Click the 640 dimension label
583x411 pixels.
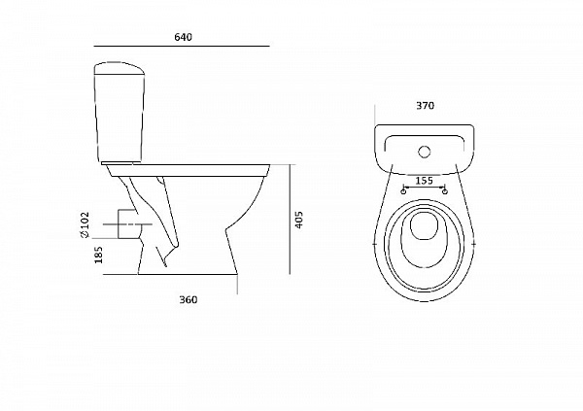[x=183, y=37]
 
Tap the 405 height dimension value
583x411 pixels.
[x=299, y=220]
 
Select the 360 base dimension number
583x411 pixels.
[x=189, y=300]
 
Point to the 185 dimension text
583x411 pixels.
[x=98, y=255]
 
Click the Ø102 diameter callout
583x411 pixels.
[x=85, y=224]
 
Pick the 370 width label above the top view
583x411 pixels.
[x=425, y=106]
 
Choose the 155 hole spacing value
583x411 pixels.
[x=424, y=181]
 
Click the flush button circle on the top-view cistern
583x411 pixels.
[x=425, y=152]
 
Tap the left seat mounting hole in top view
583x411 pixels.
[x=403, y=191]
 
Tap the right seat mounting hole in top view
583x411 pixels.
[x=445, y=191]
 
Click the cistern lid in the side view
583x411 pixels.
[x=119, y=69]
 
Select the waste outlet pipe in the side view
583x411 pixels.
[x=127, y=223]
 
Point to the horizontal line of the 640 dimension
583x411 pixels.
[x=182, y=46]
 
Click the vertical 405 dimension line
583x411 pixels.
[x=290, y=219]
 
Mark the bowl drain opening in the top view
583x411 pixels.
[x=424, y=225]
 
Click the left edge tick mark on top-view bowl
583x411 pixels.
[x=374, y=244]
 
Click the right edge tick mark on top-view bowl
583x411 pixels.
[x=473, y=244]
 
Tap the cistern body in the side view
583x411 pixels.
[x=120, y=119]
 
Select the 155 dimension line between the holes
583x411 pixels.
[x=425, y=187]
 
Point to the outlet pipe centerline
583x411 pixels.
[x=127, y=224]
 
